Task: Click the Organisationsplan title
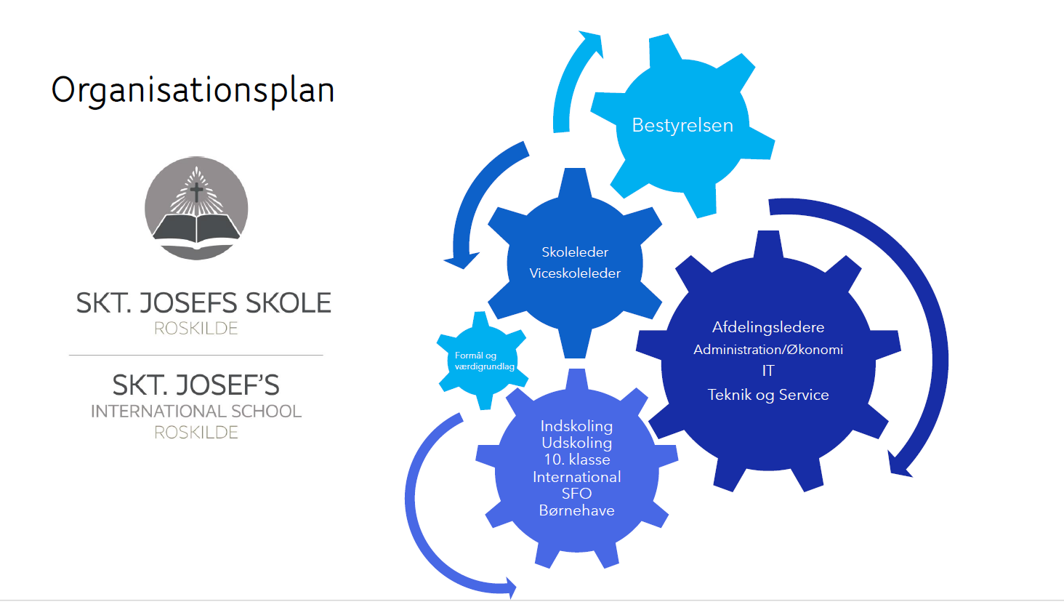tap(193, 90)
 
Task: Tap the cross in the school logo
tap(196, 191)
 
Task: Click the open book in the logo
tap(196, 228)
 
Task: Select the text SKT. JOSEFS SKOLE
tap(203, 302)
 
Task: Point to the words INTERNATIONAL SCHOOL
tap(196, 412)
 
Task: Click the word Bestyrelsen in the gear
tap(682, 125)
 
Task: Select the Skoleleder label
tap(575, 252)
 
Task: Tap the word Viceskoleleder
tap(575, 273)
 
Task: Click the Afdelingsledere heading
tap(768, 327)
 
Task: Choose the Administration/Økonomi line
tap(768, 350)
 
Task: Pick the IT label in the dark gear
tap(768, 371)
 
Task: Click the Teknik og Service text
tap(768, 395)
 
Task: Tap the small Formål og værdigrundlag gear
tap(483, 361)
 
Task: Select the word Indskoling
tap(576, 426)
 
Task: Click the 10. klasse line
tap(576, 459)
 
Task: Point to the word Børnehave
tap(576, 510)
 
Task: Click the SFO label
tap(576, 494)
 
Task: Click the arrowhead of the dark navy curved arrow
tap(900, 465)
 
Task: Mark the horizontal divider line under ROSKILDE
tap(196, 355)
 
